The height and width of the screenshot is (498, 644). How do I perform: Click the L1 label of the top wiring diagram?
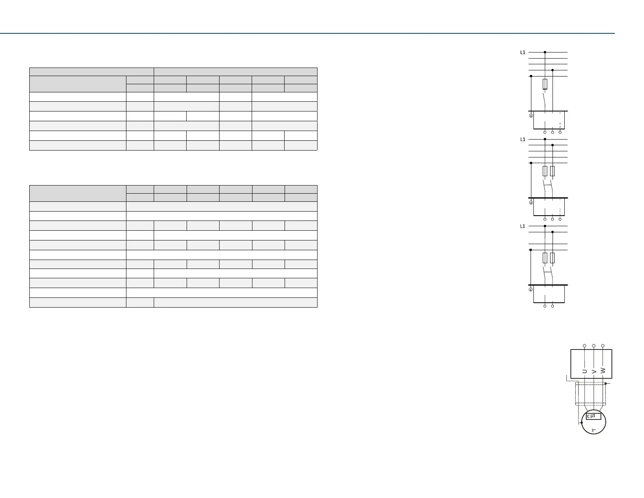pyautogui.click(x=523, y=52)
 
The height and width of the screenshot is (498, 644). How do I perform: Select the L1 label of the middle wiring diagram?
pyautogui.click(x=523, y=140)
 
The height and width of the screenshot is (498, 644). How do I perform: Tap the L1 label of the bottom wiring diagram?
pyautogui.click(x=523, y=227)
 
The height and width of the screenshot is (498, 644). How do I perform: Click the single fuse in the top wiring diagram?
pyautogui.click(x=545, y=84)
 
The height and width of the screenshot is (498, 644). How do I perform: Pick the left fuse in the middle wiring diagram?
pyautogui.click(x=545, y=171)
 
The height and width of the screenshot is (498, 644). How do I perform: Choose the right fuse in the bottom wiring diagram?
pyautogui.click(x=552, y=258)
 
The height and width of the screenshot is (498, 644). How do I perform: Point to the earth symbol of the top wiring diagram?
pyautogui.click(x=531, y=116)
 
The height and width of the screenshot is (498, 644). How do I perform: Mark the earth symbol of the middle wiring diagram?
pyautogui.click(x=531, y=203)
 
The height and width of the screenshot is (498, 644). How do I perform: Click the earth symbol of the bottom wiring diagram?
pyautogui.click(x=531, y=290)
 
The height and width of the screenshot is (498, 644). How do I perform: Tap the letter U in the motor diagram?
pyautogui.click(x=585, y=371)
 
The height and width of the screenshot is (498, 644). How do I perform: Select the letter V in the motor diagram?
pyautogui.click(x=594, y=371)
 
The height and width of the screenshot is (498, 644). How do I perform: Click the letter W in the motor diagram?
pyautogui.click(x=603, y=370)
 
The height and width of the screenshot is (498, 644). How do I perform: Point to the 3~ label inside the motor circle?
pyautogui.click(x=594, y=430)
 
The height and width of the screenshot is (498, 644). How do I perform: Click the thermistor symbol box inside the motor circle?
pyautogui.click(x=594, y=416)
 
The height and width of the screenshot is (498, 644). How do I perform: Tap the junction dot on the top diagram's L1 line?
pyautogui.click(x=545, y=52)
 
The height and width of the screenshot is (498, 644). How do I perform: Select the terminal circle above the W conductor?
pyautogui.click(x=603, y=346)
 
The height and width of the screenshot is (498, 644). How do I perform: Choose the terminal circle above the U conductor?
pyautogui.click(x=585, y=346)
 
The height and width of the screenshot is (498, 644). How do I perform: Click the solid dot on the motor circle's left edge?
pyautogui.click(x=582, y=423)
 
